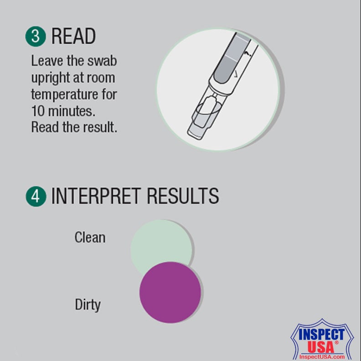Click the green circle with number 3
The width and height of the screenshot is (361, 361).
click(x=36, y=36)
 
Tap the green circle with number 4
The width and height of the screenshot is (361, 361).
click(x=36, y=196)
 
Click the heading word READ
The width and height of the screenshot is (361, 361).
click(x=73, y=36)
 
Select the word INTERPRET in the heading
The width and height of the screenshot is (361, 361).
click(x=96, y=196)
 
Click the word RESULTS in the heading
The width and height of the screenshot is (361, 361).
click(x=183, y=196)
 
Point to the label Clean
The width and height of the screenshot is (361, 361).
click(x=90, y=237)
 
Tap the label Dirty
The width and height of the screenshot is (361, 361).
click(x=88, y=305)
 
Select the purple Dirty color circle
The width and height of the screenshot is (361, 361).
click(x=170, y=292)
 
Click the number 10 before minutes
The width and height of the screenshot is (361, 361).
click(x=38, y=111)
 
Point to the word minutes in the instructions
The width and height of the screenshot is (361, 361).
click(x=72, y=111)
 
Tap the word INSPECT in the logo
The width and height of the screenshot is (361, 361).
click(x=321, y=334)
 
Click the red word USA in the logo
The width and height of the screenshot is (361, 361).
click(x=320, y=347)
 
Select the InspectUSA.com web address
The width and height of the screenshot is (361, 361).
click(x=322, y=357)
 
